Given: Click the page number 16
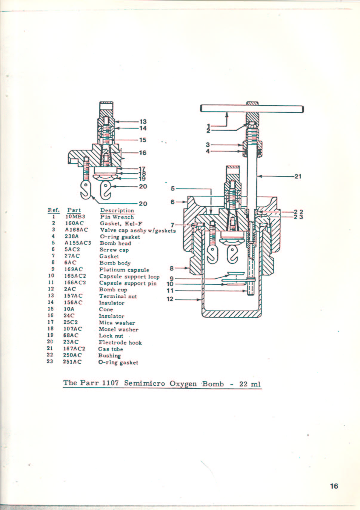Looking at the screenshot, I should [x=334, y=486].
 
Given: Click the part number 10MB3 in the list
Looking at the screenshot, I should [x=75, y=217].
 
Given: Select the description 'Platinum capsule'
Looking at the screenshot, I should [x=124, y=270].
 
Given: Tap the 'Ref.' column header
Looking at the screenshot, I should [x=54, y=210].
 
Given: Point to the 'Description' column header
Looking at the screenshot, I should [x=117, y=211].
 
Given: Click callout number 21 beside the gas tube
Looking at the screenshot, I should [x=298, y=176].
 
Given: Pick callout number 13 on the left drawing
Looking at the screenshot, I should [x=143, y=122].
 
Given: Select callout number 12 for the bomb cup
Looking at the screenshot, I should [x=170, y=299].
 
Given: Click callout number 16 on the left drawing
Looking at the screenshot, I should [x=143, y=153].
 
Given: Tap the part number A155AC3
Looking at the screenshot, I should [x=78, y=243].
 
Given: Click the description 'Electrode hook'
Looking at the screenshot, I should [x=120, y=342].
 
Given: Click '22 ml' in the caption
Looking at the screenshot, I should [x=250, y=384].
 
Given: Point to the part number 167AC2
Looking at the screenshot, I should [x=74, y=349].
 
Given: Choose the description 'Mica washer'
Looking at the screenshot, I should [x=117, y=323].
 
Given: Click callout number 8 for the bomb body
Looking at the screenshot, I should [x=172, y=268].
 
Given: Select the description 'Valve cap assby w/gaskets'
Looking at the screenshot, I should [x=138, y=230].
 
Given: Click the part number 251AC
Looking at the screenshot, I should [x=72, y=362].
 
